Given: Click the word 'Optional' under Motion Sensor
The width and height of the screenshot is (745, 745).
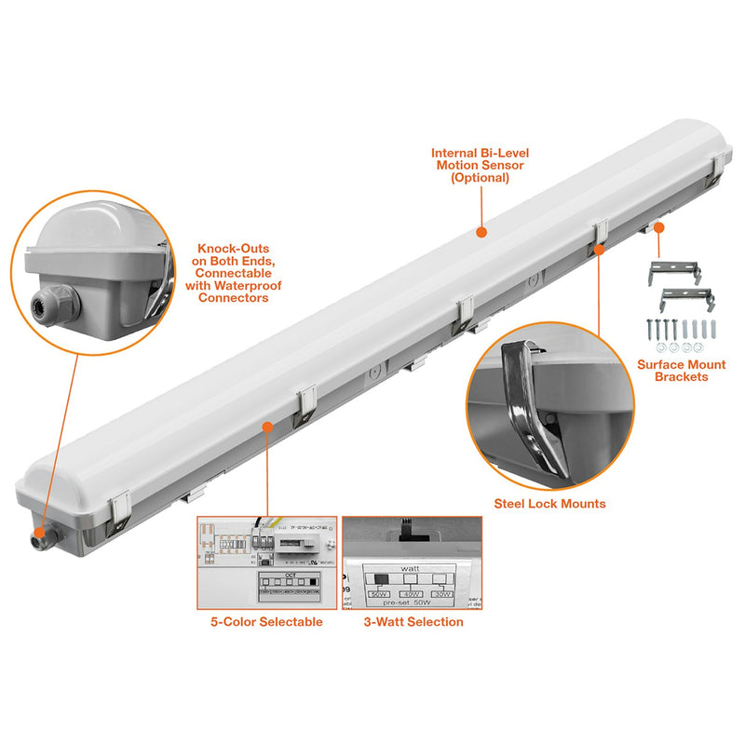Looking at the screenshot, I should click(x=481, y=177).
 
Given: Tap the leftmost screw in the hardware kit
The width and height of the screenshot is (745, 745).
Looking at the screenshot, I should click(x=649, y=331).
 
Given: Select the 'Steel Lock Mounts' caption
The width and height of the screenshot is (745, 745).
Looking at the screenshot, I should click(x=549, y=504).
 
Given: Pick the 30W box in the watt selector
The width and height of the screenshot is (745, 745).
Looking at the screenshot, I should click(x=448, y=593).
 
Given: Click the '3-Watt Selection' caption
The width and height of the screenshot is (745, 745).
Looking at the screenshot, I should click(x=413, y=622).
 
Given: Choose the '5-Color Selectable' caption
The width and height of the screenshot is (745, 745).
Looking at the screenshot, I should click(x=266, y=622).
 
